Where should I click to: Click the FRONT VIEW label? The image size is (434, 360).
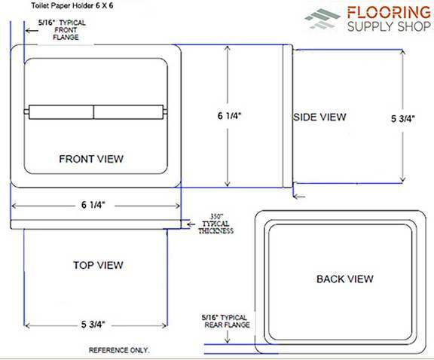91,159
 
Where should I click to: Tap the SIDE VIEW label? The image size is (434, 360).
319,117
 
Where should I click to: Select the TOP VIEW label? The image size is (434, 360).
98,265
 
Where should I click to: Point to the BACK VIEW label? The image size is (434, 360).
345,279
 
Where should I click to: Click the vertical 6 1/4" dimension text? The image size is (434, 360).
230,116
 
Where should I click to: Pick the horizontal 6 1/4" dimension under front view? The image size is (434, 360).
93,205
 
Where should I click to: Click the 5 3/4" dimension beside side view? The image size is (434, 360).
403,119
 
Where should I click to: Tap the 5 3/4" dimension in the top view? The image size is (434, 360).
93,324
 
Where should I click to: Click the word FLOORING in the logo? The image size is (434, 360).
389,13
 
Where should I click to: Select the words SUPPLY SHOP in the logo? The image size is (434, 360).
389,26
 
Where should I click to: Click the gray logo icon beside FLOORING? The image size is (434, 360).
322,19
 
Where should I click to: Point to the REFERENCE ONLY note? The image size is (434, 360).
119,350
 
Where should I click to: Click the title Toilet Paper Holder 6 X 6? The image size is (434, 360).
72,5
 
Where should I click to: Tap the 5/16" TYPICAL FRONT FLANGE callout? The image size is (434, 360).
63,30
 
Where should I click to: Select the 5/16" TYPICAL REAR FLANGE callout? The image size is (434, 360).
225,321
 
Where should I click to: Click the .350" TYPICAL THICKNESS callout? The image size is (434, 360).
216,224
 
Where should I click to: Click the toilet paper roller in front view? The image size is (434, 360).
96,112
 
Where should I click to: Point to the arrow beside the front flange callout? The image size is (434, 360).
32,30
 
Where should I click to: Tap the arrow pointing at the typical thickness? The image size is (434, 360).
191,224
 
